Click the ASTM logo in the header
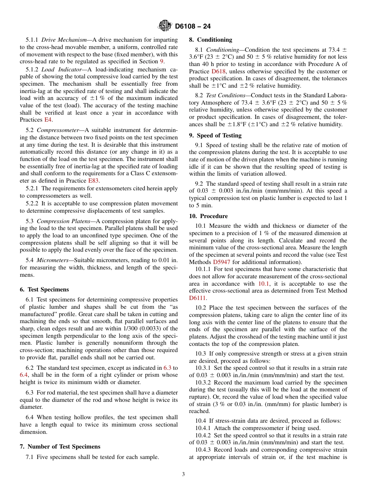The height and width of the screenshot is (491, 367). coord(165,26)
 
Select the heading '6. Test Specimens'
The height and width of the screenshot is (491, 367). coord(44,290)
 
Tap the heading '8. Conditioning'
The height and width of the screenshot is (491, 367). coord(211,40)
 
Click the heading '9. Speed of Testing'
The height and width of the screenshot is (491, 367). coord(215,135)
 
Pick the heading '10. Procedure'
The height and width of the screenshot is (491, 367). coord(208,216)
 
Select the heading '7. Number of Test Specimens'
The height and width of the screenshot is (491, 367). coord(60,447)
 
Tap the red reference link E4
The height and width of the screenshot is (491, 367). coord(48,120)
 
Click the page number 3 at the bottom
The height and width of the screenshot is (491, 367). coord(183,474)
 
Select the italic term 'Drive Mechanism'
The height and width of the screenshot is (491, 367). coord(64,40)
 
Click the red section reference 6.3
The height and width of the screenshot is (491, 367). coord(168,368)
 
